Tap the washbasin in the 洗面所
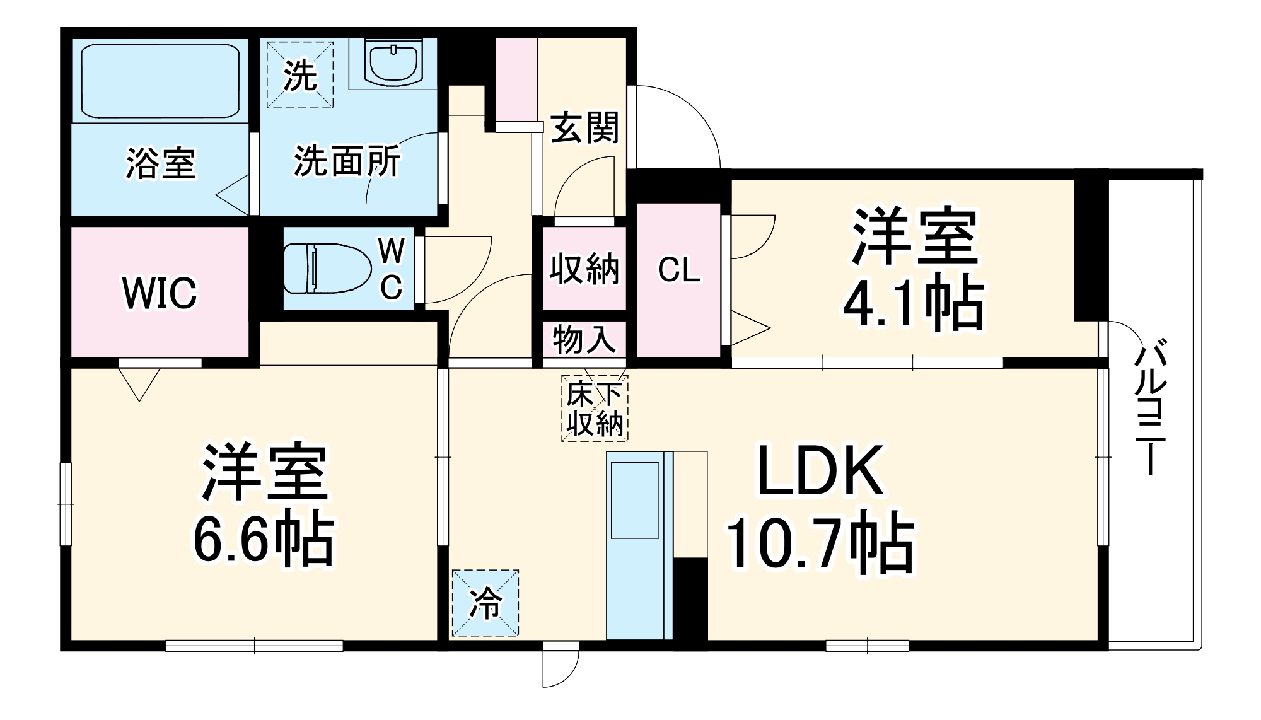tap(394, 62)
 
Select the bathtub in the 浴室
tap(160, 80)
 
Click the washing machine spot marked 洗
tap(299, 75)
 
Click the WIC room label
tap(160, 293)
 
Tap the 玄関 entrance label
tap(584, 128)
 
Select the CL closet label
tap(678, 270)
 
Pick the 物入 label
tap(584, 340)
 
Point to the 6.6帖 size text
tap(263, 540)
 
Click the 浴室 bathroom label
tap(161, 163)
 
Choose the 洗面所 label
tap(347, 162)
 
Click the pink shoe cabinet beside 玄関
tap(516, 79)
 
